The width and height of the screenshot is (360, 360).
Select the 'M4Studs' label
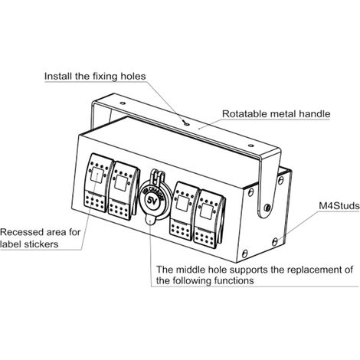coord(339,206)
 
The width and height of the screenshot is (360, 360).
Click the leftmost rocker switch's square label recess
coord(97,175)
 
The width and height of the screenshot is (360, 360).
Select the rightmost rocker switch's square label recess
coord(206,211)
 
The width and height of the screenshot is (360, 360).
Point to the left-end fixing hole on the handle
coord(123,103)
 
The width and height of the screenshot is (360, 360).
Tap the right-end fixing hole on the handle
coord(250,146)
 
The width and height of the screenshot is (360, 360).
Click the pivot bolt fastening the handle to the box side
coord(267,208)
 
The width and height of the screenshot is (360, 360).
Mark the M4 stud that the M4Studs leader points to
coord(275,241)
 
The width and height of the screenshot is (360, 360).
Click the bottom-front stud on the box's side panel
coord(244,254)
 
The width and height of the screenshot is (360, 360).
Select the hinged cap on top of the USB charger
coord(157,176)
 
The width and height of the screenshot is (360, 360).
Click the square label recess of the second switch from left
coord(119,183)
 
